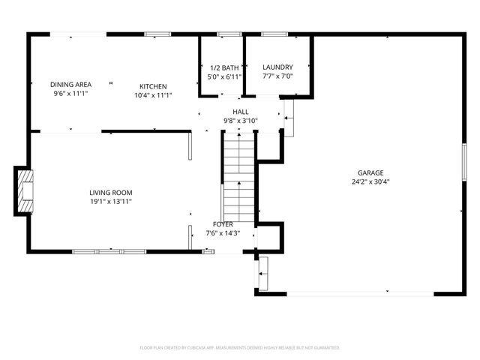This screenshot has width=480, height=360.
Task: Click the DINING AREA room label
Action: point(70,84)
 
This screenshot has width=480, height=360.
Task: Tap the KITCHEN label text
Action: point(153,86)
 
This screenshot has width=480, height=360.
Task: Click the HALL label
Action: point(240,112)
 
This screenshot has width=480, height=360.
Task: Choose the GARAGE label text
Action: point(370,172)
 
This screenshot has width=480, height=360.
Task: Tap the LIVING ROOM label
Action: point(111,193)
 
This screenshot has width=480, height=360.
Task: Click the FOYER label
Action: point(223,224)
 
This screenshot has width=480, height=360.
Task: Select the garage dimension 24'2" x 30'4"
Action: point(370,181)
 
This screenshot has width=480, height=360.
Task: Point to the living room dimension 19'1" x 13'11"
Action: point(111,202)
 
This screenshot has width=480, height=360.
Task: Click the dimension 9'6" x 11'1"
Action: point(70,94)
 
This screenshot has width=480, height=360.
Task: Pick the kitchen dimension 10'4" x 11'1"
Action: point(153,95)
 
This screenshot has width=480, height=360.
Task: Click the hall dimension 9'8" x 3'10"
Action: point(240,121)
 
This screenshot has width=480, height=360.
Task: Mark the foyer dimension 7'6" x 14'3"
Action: point(223,233)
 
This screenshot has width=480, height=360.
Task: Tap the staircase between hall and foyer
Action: point(240,176)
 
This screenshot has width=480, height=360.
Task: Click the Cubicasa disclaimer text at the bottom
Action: point(240,348)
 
